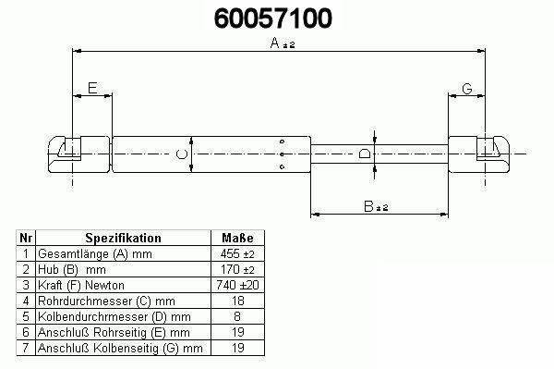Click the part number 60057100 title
pos(273,18)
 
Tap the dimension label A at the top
pos(282,43)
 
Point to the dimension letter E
pos(92,88)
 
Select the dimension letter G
pos(467,89)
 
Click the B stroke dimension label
pos(376,206)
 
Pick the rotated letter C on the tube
pos(182,154)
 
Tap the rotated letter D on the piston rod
pos(365,154)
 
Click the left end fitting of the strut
pos(79,154)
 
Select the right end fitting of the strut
pos(479,154)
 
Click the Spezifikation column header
pos(124,238)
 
